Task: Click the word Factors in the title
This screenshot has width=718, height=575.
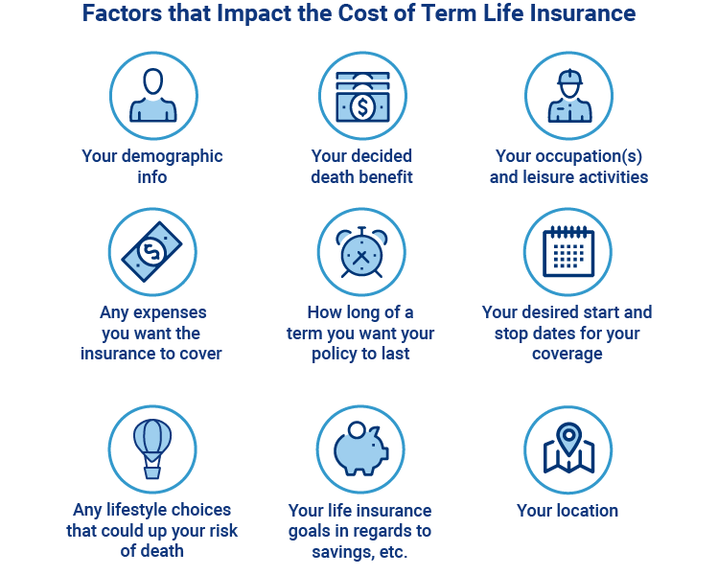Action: point(123,12)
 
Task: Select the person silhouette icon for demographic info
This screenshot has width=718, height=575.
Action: point(153,95)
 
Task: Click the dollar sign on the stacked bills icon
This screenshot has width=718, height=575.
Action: point(362,107)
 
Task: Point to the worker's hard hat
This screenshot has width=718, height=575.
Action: point(569,78)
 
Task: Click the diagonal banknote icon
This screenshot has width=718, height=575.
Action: point(151,251)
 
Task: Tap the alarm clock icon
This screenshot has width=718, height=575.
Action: point(361,252)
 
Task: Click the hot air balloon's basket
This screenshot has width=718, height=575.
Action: point(152,472)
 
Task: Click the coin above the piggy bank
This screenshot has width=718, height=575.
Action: point(357,430)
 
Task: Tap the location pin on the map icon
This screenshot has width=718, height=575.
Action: point(568,438)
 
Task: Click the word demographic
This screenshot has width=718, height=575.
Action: point(173,157)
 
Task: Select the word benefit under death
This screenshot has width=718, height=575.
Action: point(387,176)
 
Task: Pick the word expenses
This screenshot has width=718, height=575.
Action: point(170,313)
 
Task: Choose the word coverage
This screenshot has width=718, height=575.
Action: point(567,355)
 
